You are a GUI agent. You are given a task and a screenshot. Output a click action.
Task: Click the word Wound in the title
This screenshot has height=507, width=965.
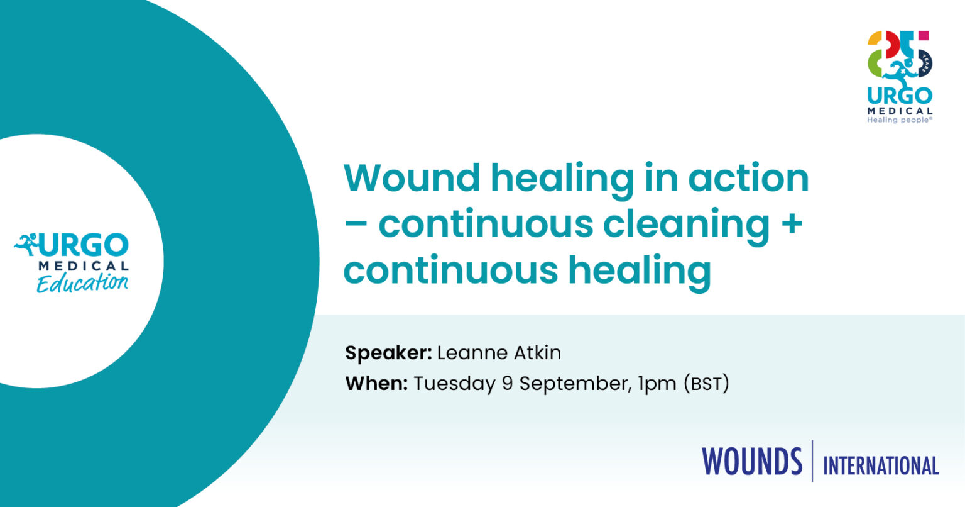click(x=412, y=178)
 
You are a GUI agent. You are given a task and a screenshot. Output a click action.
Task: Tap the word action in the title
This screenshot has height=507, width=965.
click(x=748, y=178)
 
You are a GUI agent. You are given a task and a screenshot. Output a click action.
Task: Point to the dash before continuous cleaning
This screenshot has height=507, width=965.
click(x=356, y=225)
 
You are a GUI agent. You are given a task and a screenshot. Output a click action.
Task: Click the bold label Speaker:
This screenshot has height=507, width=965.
click(x=388, y=354)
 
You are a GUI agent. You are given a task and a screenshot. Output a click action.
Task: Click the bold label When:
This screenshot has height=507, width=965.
click(x=376, y=383)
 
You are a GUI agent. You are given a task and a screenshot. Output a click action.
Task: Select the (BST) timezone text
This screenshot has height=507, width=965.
click(x=706, y=384)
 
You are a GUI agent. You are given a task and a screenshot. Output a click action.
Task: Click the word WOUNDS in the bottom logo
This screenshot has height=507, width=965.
click(x=752, y=461)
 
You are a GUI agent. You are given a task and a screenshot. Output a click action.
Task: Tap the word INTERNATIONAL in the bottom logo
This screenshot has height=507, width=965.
click(x=881, y=465)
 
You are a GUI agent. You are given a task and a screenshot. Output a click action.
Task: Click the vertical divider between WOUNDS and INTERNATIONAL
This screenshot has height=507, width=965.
click(x=812, y=461)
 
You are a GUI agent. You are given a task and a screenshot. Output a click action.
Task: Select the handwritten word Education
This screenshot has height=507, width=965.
click(x=82, y=283)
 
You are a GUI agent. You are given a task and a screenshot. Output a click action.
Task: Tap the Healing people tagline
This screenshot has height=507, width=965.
click(x=900, y=120)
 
